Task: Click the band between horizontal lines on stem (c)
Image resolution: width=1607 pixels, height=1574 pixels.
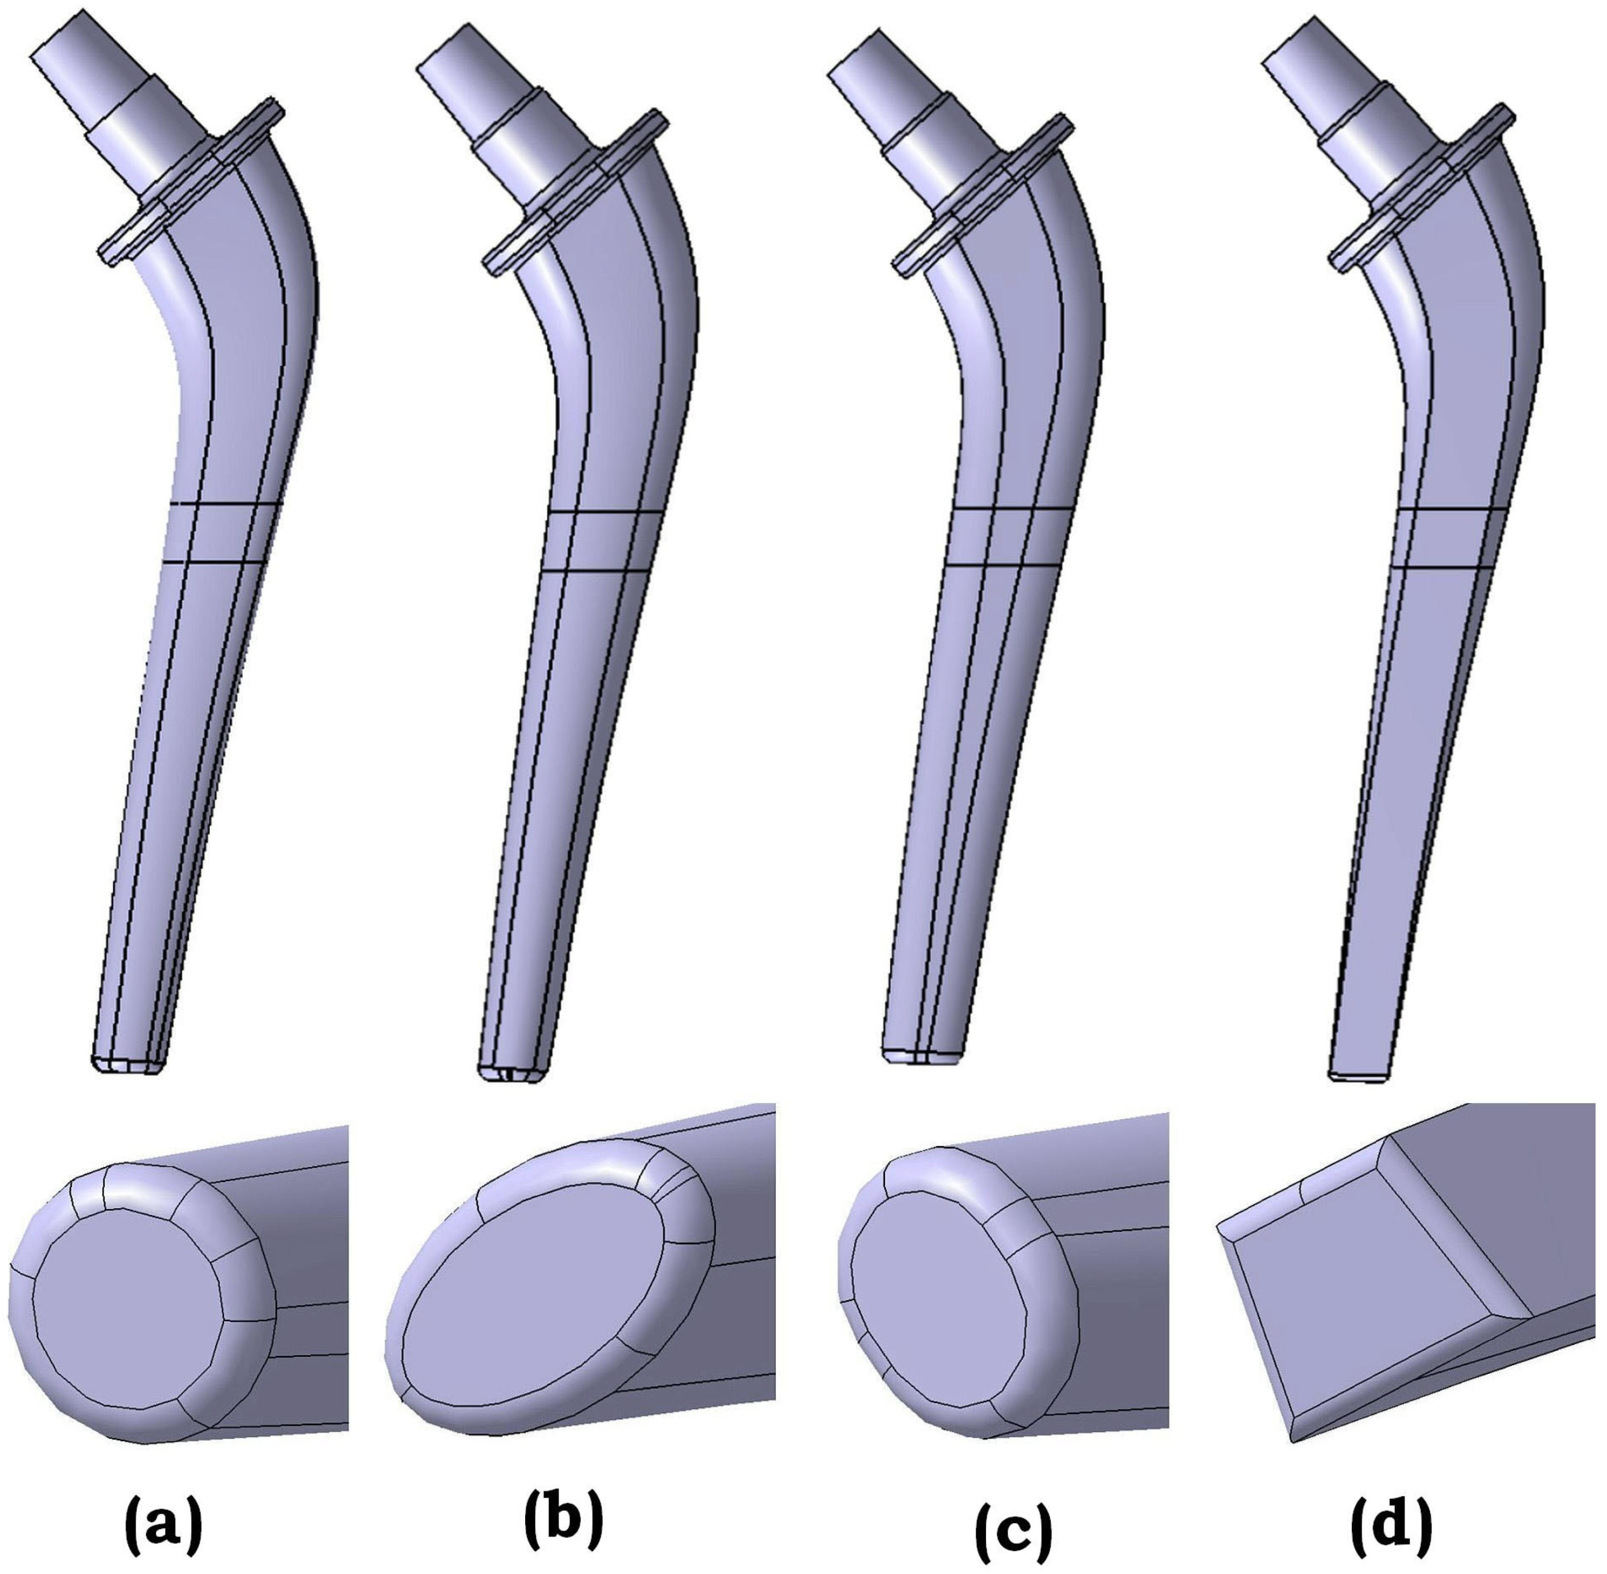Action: click(1004, 538)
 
